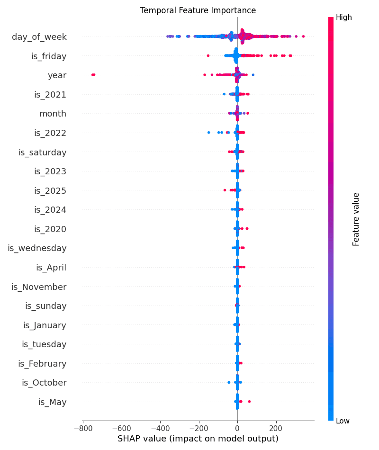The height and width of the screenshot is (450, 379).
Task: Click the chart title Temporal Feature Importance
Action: click(x=198, y=10)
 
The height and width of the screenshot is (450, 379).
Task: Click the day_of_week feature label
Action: click(x=39, y=37)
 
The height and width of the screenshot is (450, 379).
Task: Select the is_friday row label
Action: click(x=49, y=56)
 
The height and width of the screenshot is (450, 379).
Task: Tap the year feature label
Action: click(x=57, y=75)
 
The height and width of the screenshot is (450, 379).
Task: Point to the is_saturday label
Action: click(x=43, y=152)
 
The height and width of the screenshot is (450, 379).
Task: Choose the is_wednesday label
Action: click(x=37, y=248)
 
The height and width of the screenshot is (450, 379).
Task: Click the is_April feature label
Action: click(x=51, y=268)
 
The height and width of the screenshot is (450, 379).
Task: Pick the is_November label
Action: click(x=39, y=287)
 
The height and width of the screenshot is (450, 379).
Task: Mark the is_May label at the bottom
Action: click(x=53, y=402)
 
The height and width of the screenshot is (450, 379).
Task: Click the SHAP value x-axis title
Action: click(x=198, y=439)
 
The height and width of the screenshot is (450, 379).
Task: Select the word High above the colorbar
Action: click(x=344, y=18)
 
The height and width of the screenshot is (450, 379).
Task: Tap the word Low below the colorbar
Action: click(x=343, y=421)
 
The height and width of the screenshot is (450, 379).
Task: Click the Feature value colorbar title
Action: click(x=356, y=219)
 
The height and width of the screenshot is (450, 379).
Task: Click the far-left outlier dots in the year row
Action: click(x=93, y=74)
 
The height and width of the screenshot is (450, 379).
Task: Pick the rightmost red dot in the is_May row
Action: click(x=249, y=402)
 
